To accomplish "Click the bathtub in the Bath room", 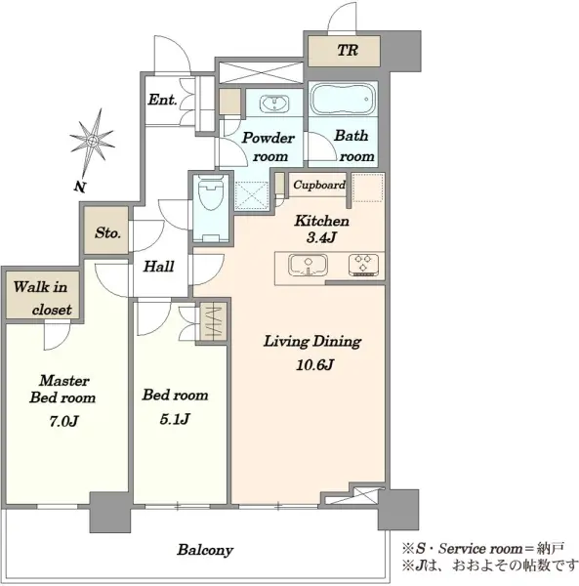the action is pyautogui.click(x=342, y=99).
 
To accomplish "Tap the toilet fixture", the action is pyautogui.click(x=211, y=208).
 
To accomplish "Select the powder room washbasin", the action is pyautogui.click(x=274, y=104).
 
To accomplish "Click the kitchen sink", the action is pyautogui.click(x=308, y=265).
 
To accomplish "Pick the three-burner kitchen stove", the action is pyautogui.click(x=363, y=265).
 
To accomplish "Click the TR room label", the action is pyautogui.click(x=348, y=50).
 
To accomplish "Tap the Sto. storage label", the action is pyautogui.click(x=107, y=232).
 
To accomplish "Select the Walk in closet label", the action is pyautogui.click(x=41, y=298).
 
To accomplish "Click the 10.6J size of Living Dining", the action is pyautogui.click(x=314, y=364).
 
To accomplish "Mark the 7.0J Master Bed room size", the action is pyautogui.click(x=63, y=421).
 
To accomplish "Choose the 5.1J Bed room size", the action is pyautogui.click(x=175, y=419).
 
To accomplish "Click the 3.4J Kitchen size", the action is pyautogui.click(x=321, y=237).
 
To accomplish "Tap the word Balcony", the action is pyautogui.click(x=205, y=550).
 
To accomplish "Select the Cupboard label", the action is pyautogui.click(x=319, y=185).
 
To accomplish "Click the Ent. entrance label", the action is pyautogui.click(x=162, y=100).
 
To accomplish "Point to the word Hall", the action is pyautogui.click(x=159, y=267).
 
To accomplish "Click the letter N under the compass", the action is pyautogui.click(x=79, y=187).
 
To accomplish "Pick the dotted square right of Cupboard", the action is pyautogui.click(x=368, y=188).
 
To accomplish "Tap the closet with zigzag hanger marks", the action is pyautogui.click(x=213, y=321).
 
